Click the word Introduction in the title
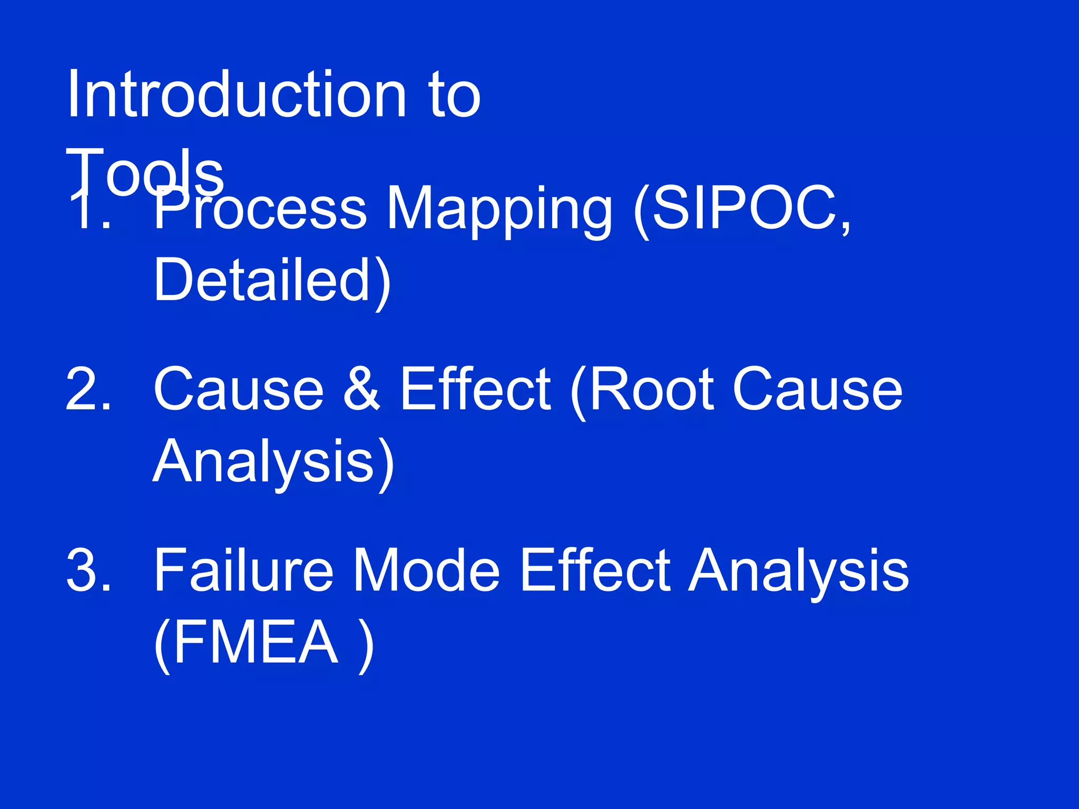[x=236, y=95]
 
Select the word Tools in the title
[x=145, y=171]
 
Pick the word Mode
[x=426, y=570]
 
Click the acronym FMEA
[x=255, y=643]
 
